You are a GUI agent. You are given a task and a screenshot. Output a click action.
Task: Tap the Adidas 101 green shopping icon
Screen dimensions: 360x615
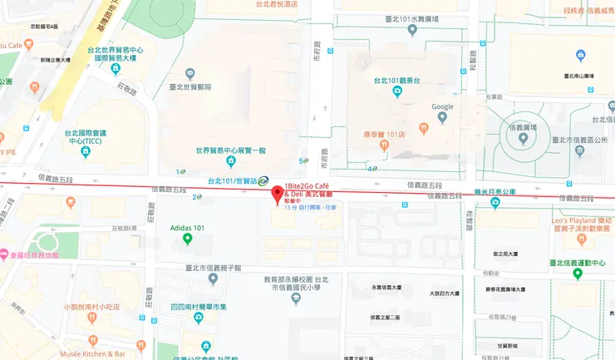click(x=188, y=240)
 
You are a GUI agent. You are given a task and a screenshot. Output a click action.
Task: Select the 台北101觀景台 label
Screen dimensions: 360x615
click(x=397, y=81)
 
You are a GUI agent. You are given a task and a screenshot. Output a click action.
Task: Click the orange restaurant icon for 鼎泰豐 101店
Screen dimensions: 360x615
click(x=384, y=145)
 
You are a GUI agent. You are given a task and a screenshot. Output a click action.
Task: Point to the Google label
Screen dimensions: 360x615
click(x=442, y=106)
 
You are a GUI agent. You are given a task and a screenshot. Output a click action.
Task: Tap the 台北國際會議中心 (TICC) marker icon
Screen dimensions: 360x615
click(x=86, y=152)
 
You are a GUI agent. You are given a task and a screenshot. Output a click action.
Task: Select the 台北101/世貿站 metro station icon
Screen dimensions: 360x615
click(x=263, y=180)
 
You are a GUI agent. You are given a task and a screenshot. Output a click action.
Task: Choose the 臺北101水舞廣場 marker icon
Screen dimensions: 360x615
click(x=412, y=31)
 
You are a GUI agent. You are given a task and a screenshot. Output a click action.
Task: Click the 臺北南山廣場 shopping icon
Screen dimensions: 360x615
click(x=581, y=56)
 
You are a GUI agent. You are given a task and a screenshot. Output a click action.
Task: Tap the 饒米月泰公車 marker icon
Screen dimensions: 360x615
click(x=495, y=202)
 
